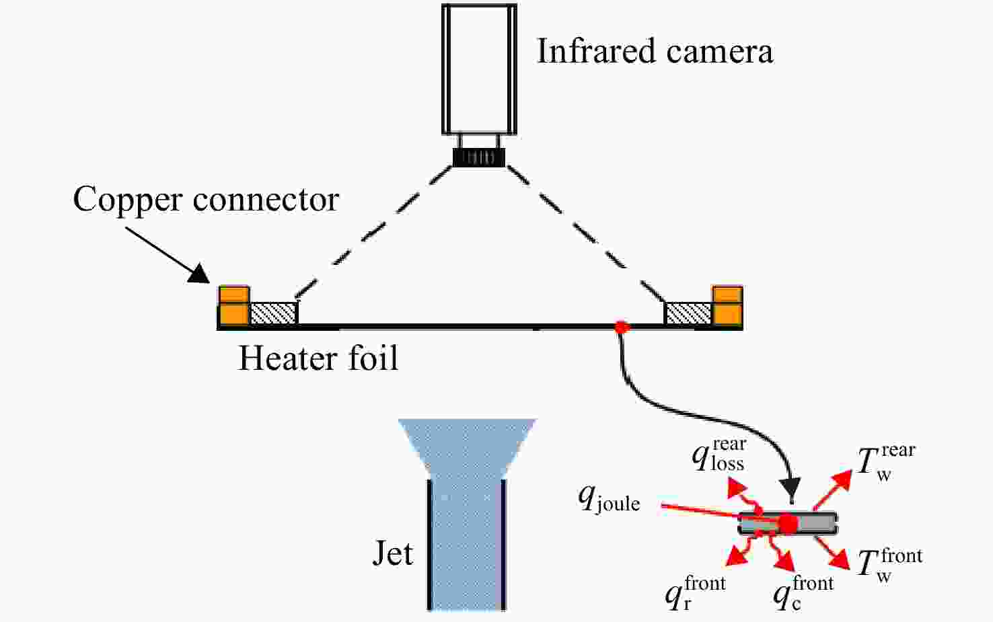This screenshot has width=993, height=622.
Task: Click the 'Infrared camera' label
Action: click(655, 51)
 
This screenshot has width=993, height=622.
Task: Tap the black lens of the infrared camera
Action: click(479, 157)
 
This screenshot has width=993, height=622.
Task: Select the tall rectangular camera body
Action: click(479, 69)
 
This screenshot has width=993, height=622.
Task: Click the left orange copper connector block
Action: click(233, 306)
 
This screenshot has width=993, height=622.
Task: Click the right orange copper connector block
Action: click(727, 306)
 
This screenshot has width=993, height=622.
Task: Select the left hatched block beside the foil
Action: click(273, 313)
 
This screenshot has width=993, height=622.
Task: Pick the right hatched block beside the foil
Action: click(688, 313)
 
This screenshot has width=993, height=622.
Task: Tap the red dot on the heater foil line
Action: click(622, 327)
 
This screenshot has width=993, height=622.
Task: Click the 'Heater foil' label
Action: click(318, 358)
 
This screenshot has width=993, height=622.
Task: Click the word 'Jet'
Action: click(393, 553)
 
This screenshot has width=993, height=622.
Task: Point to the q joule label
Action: click(609, 500)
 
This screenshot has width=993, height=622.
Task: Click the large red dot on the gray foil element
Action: click(788, 524)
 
